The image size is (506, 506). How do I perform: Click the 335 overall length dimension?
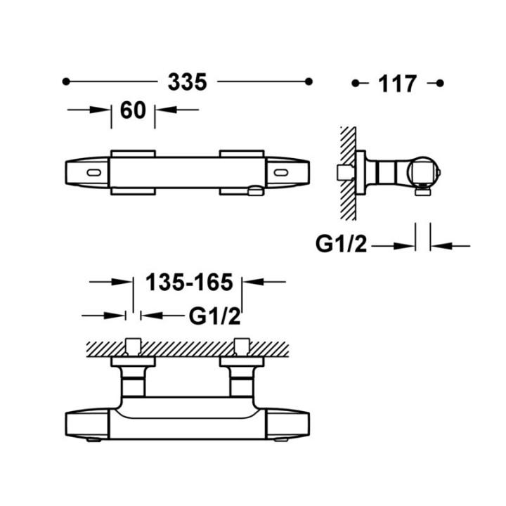pos(187,82)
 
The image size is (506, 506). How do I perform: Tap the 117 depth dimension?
pos(398,84)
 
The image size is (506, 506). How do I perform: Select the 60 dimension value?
pos(133,110)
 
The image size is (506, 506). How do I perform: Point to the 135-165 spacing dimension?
pos(189,282)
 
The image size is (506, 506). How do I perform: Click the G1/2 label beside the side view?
pos(341,245)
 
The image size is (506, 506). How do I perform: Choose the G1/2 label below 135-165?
pos(214,316)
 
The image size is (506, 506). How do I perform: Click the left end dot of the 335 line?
pos(66,82)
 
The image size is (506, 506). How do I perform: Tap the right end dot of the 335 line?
pos(309,82)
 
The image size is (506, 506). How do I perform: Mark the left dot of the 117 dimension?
pos(356,83)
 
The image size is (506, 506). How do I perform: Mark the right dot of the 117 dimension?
pos(440,83)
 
